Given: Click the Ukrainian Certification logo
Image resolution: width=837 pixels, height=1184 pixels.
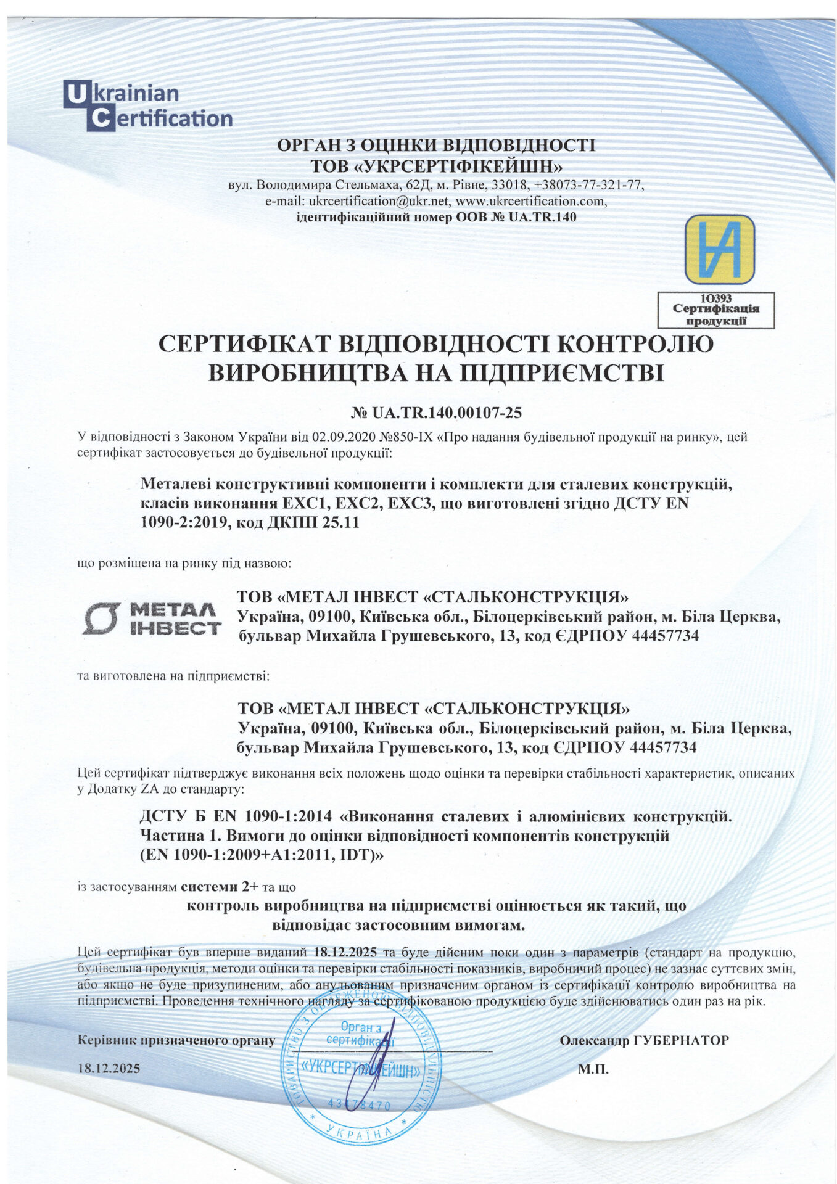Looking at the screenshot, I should (x=148, y=105).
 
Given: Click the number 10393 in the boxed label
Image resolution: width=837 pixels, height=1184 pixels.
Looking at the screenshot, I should (x=715, y=298).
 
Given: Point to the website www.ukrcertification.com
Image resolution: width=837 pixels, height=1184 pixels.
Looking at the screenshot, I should (x=531, y=201).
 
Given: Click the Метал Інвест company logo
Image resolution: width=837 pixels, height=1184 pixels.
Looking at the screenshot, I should (x=152, y=619).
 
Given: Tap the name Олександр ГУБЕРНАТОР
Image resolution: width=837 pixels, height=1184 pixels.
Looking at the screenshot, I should (x=643, y=1040).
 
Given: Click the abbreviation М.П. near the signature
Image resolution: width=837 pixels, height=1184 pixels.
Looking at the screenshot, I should (x=593, y=1069).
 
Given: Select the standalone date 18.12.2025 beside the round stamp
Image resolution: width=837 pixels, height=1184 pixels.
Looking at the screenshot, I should (x=109, y=1068).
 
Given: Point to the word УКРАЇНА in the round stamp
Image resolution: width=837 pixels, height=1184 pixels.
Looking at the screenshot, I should (x=360, y=1133).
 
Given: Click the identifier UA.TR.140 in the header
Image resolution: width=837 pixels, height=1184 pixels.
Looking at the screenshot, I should (x=543, y=217).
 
